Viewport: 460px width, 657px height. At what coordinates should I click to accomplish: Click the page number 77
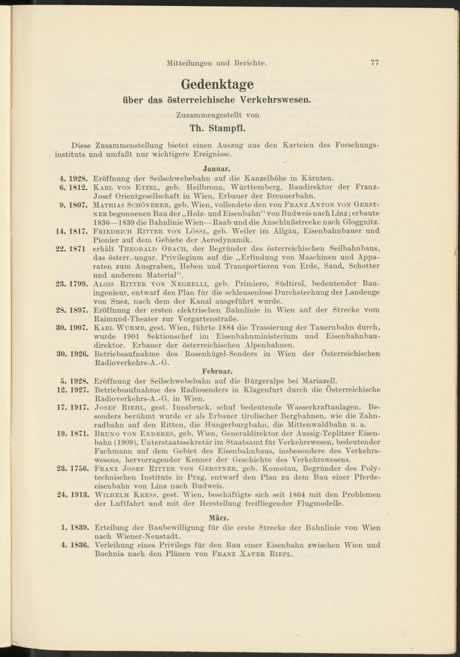point(374,63)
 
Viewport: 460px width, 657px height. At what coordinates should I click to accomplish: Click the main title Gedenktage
point(217,84)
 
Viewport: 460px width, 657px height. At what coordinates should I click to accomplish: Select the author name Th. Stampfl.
point(217,127)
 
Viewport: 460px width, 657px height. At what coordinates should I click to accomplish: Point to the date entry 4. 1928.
point(74,177)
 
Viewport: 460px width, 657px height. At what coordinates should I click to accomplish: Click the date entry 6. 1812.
point(74,187)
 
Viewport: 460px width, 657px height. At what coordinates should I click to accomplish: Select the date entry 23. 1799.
point(72,284)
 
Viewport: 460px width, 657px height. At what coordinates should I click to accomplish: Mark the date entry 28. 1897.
point(72,310)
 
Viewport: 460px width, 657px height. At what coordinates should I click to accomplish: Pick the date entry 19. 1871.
point(72,434)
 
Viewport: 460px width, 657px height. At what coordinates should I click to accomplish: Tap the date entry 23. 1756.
point(72,469)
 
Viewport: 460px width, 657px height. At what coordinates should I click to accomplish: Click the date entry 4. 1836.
point(74,545)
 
